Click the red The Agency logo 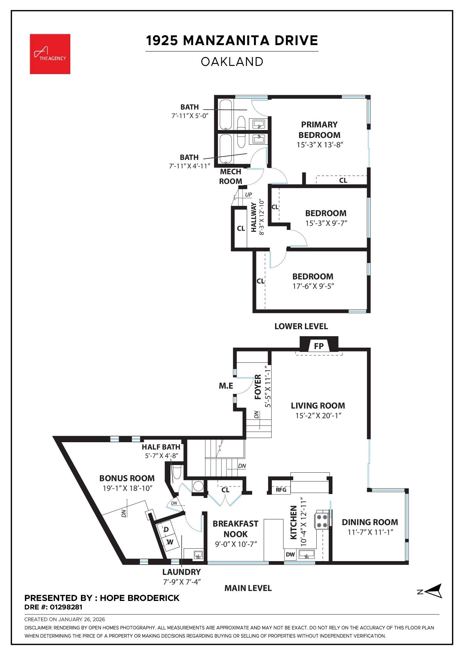click(x=50, y=54)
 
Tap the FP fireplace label click(x=319, y=346)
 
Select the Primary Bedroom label click(x=319, y=130)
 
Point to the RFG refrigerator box click(x=281, y=490)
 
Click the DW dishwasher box click(x=290, y=554)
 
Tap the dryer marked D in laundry click(x=166, y=529)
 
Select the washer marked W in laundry click(x=170, y=542)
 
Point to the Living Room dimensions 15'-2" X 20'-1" click(x=318, y=416)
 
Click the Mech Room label click(x=231, y=176)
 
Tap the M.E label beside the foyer click(x=226, y=386)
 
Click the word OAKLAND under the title click(x=232, y=62)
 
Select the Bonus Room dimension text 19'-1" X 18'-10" click(x=127, y=488)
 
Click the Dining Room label click(x=370, y=522)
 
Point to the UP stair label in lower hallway click(x=248, y=195)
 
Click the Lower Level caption click(x=301, y=326)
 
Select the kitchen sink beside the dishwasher click(x=307, y=554)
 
